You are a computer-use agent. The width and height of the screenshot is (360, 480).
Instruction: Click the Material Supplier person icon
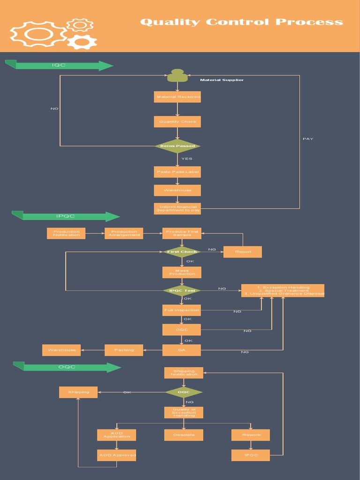pyautogui.click(x=177, y=75)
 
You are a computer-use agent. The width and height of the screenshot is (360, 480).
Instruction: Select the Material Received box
pyautogui.click(x=177, y=97)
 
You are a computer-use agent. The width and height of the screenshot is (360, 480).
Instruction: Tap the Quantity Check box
pyautogui.click(x=177, y=122)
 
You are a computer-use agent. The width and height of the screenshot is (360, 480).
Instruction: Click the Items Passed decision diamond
pyautogui.click(x=177, y=146)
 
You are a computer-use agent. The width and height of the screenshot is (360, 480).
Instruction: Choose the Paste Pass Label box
pyautogui.click(x=177, y=172)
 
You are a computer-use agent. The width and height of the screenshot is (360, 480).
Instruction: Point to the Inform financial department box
pyautogui.click(x=177, y=209)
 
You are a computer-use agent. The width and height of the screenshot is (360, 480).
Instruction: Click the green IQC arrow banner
pyautogui.click(x=60, y=65)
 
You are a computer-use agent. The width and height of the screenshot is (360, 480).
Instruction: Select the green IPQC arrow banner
pyautogui.click(x=66, y=216)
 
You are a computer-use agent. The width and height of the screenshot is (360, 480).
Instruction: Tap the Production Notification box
pyautogui.click(x=66, y=233)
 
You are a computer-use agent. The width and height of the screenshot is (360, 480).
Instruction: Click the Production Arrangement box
pyautogui.click(x=124, y=233)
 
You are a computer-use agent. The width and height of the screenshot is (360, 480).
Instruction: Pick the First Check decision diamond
pyautogui.click(x=182, y=252)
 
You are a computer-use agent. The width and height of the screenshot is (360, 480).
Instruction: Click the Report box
pyautogui.click(x=242, y=252)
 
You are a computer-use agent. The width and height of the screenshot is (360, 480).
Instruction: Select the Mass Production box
pyautogui.click(x=182, y=272)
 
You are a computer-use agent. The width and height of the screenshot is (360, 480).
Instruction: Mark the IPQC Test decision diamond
pyautogui.click(x=182, y=291)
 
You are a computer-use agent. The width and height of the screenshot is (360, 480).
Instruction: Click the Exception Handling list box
pyautogui.click(x=283, y=291)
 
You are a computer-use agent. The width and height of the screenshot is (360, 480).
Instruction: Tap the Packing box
pyautogui.click(x=124, y=350)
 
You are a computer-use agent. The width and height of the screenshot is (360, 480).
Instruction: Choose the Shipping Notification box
pyautogui.click(x=184, y=373)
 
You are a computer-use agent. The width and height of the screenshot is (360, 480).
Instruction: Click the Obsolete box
pyautogui.click(x=184, y=435)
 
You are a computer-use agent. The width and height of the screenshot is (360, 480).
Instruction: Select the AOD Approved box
pyautogui.click(x=117, y=455)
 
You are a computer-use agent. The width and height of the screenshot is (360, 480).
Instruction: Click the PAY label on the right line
pyautogui.click(x=308, y=139)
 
